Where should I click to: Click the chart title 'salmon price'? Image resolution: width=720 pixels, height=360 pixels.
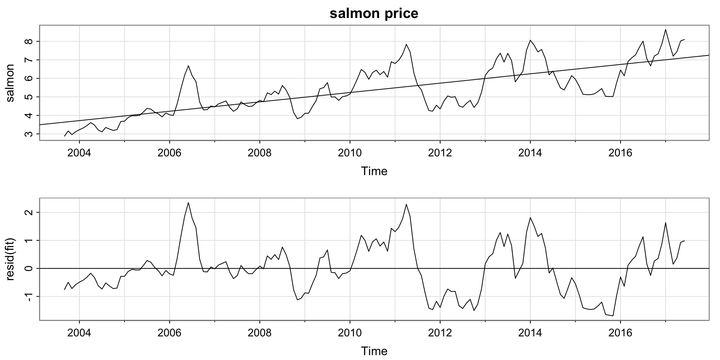[x=374, y=13]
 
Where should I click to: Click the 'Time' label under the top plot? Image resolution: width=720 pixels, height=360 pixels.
[x=374, y=171]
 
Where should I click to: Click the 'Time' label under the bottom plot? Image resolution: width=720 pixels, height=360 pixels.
[x=374, y=351]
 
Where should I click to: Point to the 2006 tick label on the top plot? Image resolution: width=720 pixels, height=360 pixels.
[x=169, y=153]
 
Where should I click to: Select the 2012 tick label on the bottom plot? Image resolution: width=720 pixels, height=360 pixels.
[x=440, y=333]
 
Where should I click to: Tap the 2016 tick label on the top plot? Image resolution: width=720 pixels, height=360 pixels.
[x=620, y=153]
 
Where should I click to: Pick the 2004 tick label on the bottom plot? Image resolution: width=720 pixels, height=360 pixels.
[x=79, y=333]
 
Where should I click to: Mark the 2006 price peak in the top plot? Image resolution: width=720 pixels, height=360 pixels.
[x=188, y=66]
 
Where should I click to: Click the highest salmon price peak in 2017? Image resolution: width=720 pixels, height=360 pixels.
[x=665, y=30]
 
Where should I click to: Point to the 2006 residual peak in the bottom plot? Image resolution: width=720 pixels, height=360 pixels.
[x=188, y=202]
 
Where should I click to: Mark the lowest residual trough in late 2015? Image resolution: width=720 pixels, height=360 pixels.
[x=613, y=316]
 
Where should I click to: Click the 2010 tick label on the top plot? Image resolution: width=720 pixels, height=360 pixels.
[x=350, y=153]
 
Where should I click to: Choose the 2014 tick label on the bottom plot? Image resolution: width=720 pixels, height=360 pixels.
[x=530, y=333]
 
